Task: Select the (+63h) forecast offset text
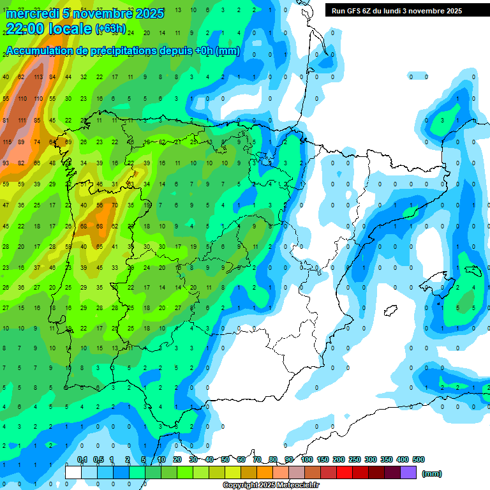[x=110, y=28]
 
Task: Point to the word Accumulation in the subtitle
[x=39, y=50]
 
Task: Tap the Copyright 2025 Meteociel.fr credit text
[x=271, y=485]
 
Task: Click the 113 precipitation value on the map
[x=38, y=77]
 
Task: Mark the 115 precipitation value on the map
[x=7, y=142]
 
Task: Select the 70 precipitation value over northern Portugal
[x=114, y=205]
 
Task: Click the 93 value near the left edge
[x=6, y=163]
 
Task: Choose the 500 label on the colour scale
[x=419, y=459]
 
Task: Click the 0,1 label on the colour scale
[x=82, y=459]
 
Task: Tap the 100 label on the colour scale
[x=307, y=459]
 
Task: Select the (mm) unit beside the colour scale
[x=433, y=473]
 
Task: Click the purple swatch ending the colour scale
[x=408, y=473]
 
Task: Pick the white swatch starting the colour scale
[x=73, y=473]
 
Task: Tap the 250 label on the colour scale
[x=355, y=459]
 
